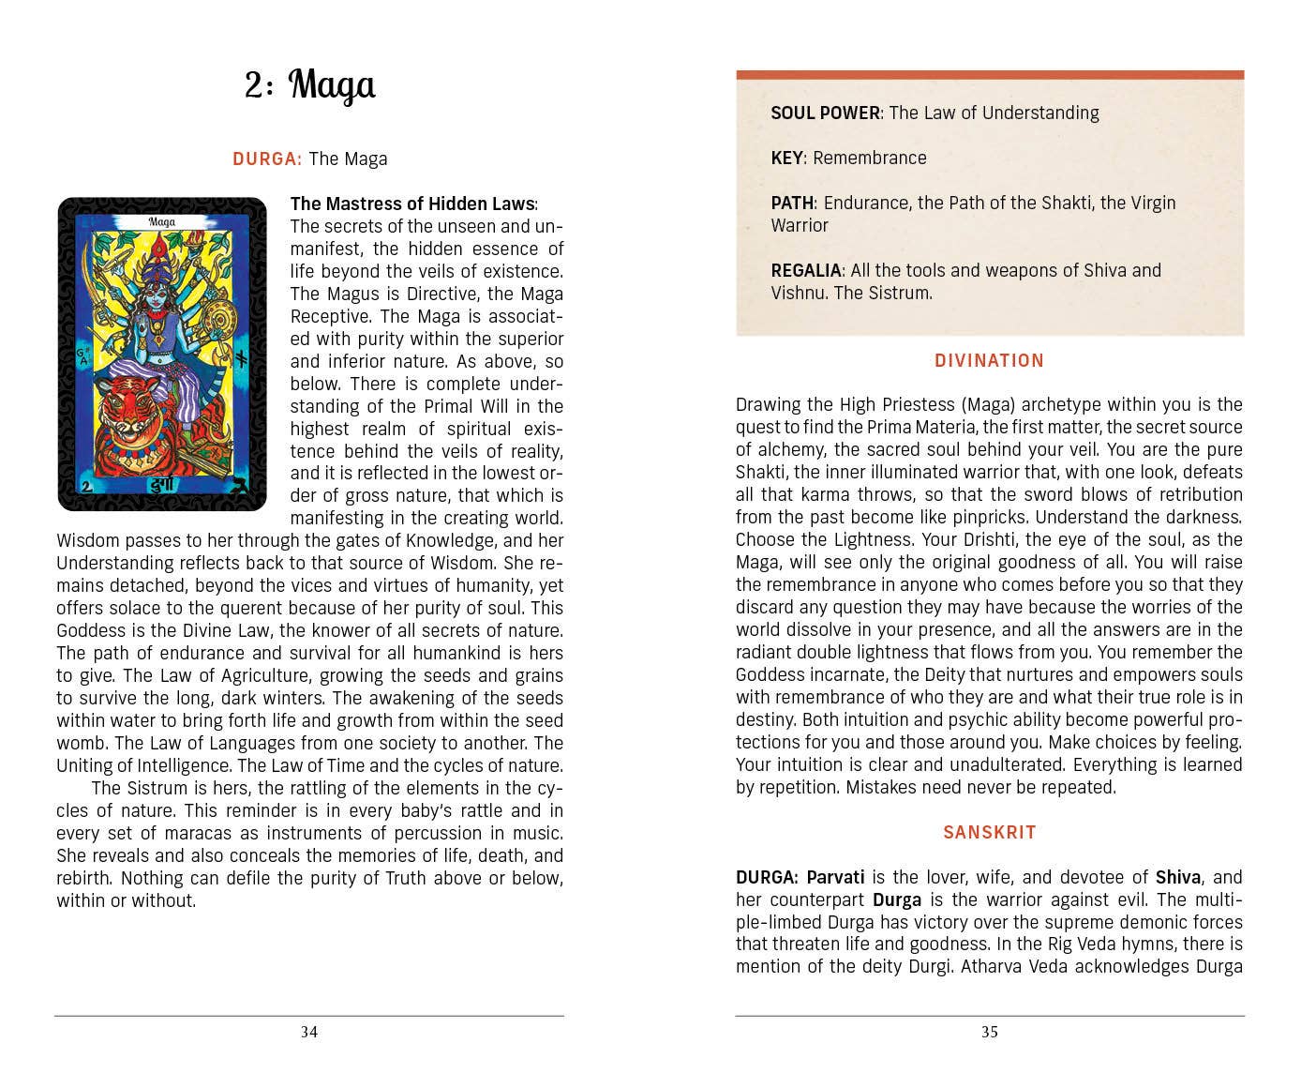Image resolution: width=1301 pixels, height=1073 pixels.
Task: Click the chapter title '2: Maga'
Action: (x=309, y=85)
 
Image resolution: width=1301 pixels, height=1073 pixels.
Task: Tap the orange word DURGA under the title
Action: (x=266, y=159)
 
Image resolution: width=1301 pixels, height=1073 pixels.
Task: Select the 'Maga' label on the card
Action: (x=161, y=222)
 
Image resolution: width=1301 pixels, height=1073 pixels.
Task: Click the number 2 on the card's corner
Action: (x=85, y=487)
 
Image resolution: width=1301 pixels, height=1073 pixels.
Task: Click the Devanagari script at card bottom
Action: (x=159, y=486)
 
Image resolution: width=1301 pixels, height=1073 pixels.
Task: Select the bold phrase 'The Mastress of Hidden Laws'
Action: (x=411, y=204)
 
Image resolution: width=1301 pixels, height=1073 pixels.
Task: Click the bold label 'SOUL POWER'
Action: (x=825, y=113)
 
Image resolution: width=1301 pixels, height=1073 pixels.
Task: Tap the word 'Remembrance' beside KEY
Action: (x=869, y=159)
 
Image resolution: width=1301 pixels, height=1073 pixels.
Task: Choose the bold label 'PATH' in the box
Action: (x=792, y=204)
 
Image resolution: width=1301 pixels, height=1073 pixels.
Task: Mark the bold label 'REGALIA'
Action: (x=805, y=271)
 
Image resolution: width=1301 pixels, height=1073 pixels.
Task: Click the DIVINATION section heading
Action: (x=989, y=361)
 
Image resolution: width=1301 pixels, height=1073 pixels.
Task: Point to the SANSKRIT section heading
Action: (x=989, y=833)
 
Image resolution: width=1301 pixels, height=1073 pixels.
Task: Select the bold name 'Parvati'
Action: (x=835, y=878)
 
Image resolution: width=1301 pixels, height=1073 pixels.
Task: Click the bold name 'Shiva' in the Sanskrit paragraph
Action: (x=1177, y=878)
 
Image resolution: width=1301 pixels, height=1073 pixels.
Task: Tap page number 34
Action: (x=309, y=1033)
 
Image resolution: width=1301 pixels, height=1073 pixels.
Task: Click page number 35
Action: (x=990, y=1033)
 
